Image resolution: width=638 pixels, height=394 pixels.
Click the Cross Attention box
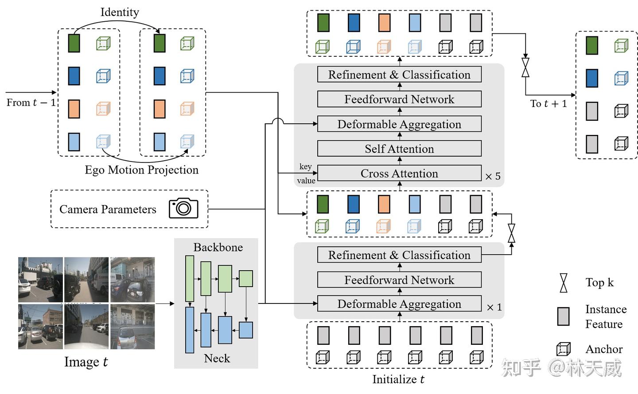click(x=399, y=173)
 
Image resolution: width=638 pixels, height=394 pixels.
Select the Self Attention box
click(x=399, y=149)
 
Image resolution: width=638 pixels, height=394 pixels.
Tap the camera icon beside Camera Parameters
click(x=183, y=208)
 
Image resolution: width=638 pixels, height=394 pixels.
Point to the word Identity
click(x=120, y=12)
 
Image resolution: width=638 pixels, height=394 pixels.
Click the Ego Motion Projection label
click(x=142, y=170)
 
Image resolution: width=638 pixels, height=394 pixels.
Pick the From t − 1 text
click(x=31, y=102)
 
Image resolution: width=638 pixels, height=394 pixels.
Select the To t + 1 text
click(x=549, y=104)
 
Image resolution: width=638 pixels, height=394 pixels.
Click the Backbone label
click(x=218, y=247)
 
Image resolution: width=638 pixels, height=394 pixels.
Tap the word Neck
click(x=217, y=359)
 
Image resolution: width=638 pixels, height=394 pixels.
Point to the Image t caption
click(x=86, y=362)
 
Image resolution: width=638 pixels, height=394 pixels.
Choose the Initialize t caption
click(x=398, y=379)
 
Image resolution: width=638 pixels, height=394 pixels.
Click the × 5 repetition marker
click(x=493, y=177)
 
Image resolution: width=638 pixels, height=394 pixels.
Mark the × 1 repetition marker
click(x=494, y=307)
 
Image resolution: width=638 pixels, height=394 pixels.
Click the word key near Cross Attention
click(x=305, y=166)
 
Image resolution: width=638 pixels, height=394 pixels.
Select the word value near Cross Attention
click(x=306, y=181)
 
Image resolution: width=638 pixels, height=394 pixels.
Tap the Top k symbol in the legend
click(x=563, y=283)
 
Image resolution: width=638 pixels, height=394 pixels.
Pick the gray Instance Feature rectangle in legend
click(x=563, y=316)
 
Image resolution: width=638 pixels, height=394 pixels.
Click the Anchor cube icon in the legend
click(x=563, y=349)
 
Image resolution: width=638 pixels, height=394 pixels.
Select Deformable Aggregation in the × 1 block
click(x=399, y=304)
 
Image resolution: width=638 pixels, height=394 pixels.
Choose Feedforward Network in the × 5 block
click(x=399, y=99)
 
